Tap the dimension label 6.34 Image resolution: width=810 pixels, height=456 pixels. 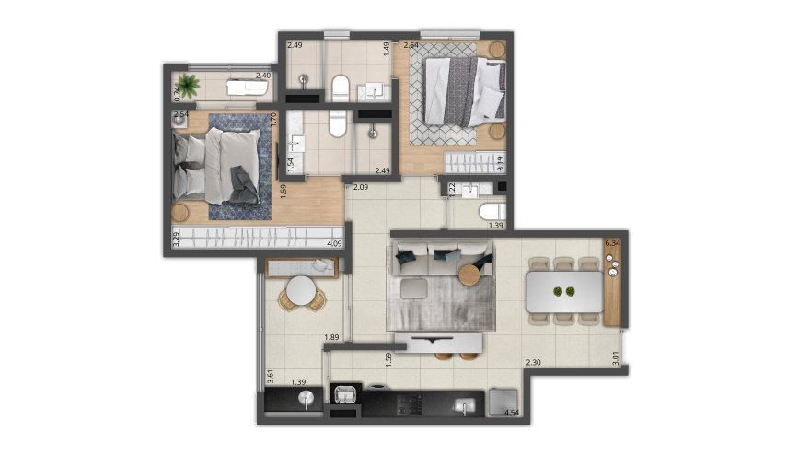click(x=613, y=244)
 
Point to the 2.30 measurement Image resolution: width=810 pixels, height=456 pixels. click(x=533, y=363)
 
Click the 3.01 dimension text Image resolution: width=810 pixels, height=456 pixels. click(x=616, y=354)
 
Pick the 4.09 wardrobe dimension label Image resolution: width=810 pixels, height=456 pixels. click(x=336, y=245)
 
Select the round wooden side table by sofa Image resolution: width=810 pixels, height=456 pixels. click(x=471, y=274)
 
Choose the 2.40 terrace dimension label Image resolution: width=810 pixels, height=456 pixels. click(x=263, y=76)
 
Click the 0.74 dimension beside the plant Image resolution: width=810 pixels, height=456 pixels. click(x=177, y=92)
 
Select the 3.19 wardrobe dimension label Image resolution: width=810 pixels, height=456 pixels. click(x=500, y=166)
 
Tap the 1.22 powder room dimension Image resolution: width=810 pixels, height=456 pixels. click(x=451, y=189)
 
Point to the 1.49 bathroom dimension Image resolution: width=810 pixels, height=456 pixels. click(x=387, y=50)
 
